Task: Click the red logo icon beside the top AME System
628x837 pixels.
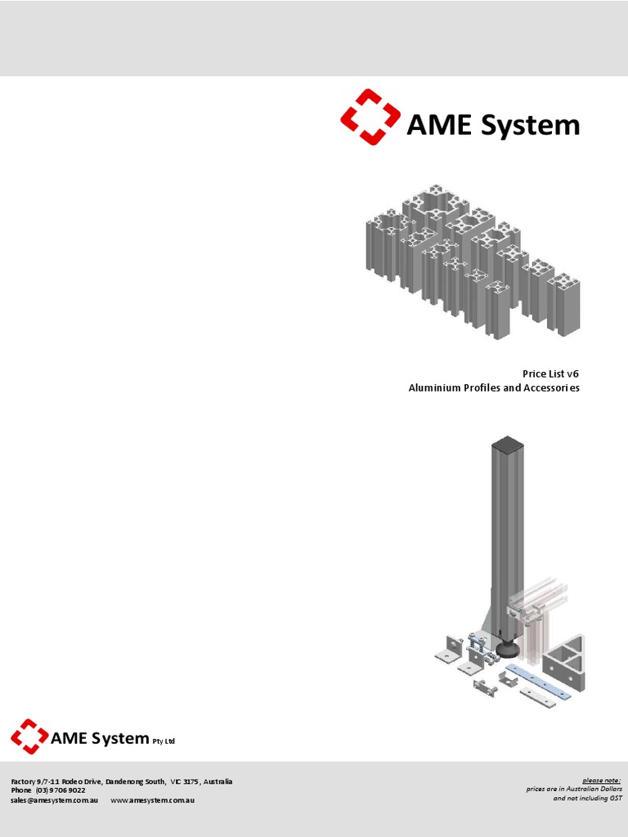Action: click(x=370, y=117)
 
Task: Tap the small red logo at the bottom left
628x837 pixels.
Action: click(x=29, y=736)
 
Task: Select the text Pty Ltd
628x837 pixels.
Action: click(x=164, y=741)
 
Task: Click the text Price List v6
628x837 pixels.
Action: click(x=551, y=374)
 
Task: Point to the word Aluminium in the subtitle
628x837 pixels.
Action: click(x=434, y=387)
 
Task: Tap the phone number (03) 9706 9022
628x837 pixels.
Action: click(x=60, y=790)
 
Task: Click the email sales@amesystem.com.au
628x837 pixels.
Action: click(x=55, y=800)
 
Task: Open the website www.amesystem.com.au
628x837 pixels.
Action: click(x=152, y=800)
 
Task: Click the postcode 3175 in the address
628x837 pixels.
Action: click(x=193, y=781)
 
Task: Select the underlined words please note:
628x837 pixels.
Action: click(x=601, y=780)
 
